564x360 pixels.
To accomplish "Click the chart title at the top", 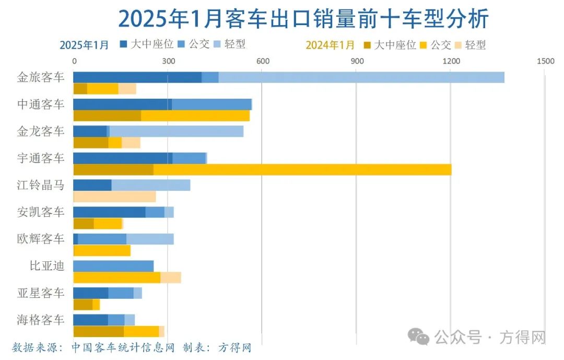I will (x=303, y=19).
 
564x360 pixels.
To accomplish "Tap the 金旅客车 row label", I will (x=41, y=77).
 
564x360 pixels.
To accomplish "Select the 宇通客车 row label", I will (x=41, y=158).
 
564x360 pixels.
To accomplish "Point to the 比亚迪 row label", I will (x=47, y=266).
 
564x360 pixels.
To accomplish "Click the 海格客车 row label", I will (x=41, y=320).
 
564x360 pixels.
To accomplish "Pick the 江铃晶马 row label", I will (x=41, y=185).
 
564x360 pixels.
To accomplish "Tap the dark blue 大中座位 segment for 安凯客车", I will (x=109, y=212).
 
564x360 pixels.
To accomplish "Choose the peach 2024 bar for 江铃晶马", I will (x=115, y=196).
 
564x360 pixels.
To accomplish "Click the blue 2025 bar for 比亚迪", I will (x=113, y=266).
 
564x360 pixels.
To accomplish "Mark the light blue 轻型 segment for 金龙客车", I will (x=176, y=131).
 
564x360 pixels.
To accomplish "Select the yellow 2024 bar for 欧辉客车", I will (x=102, y=251).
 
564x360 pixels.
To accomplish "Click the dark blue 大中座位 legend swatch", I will (x=124, y=44).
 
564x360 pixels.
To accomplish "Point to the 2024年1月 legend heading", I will (x=330, y=45).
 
